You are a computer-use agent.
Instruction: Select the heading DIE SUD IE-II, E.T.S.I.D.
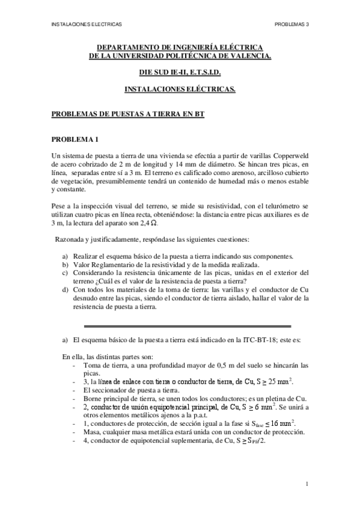[180, 72]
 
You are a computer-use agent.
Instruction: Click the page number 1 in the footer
[307, 483]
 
